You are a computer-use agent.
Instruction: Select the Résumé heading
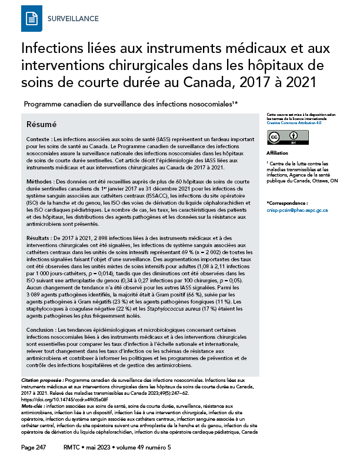pos(42,125)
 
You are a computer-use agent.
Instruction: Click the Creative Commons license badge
pos(282,137)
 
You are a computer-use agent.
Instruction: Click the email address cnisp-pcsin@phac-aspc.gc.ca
pos(288,210)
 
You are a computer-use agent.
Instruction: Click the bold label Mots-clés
pos(36,407)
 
